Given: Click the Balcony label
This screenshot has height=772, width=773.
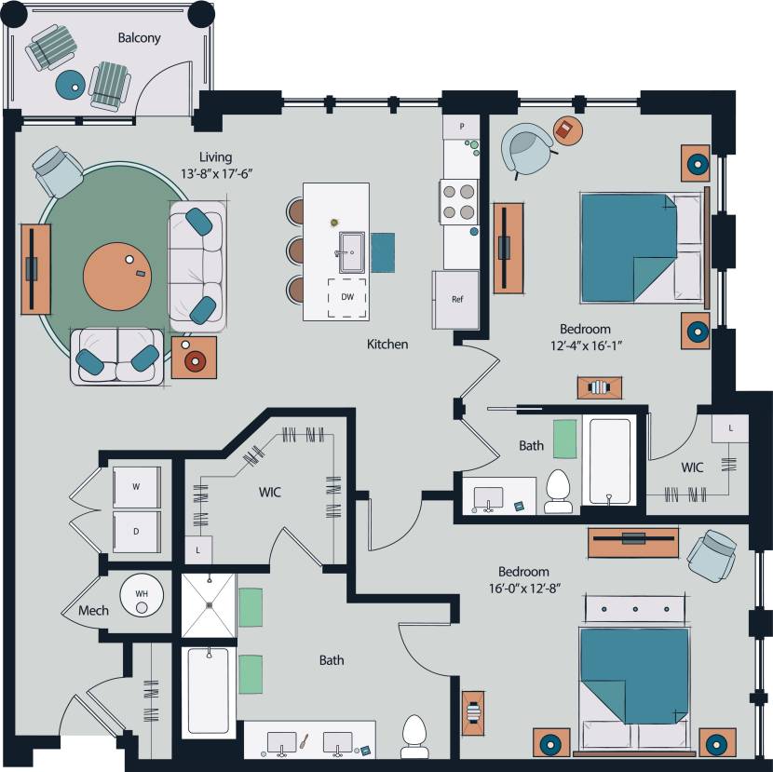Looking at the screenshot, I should tap(139, 38).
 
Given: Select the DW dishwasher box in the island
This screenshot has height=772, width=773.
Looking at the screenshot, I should tap(346, 297).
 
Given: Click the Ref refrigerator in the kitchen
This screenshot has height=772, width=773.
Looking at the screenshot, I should tap(456, 300).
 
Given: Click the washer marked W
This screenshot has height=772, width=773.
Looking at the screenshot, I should tap(136, 486).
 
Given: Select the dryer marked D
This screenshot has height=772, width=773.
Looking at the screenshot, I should tap(136, 532).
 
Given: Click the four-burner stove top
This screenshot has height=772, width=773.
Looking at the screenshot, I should tap(459, 201).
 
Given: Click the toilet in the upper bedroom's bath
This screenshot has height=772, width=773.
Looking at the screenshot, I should tap(558, 492).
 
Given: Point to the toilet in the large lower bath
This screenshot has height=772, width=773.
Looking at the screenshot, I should tap(414, 737).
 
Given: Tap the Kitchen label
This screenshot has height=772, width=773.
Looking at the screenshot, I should tap(386, 345).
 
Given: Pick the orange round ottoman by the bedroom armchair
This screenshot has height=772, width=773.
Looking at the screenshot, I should tap(566, 129).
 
